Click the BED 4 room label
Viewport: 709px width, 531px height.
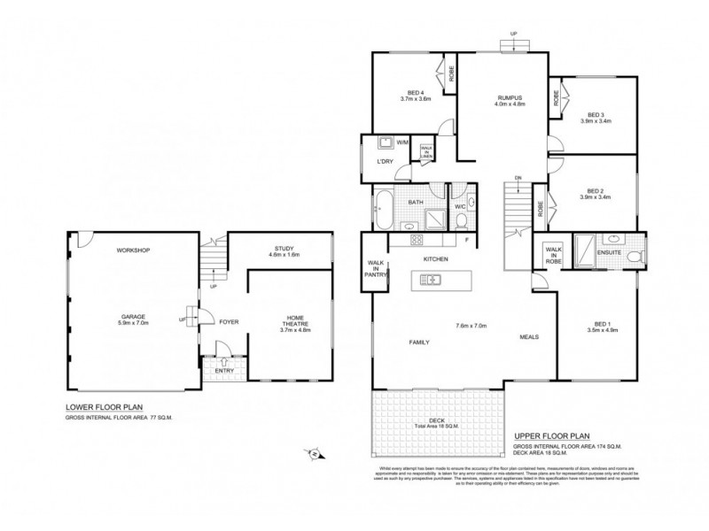tap(415, 92)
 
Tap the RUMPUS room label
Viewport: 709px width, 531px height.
tap(510, 97)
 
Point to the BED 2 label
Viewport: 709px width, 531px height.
tap(596, 189)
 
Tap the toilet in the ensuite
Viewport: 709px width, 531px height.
tap(632, 257)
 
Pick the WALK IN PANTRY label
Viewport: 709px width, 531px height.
tap(374, 268)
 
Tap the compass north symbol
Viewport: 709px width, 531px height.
tap(315, 454)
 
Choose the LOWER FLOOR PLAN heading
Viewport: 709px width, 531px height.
tap(104, 407)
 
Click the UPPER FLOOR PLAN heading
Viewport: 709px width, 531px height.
tap(551, 436)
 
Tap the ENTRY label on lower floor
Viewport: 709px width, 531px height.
tap(224, 370)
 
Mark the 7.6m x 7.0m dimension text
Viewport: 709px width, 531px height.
tap(471, 325)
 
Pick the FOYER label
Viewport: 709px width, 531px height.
tap(230, 321)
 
